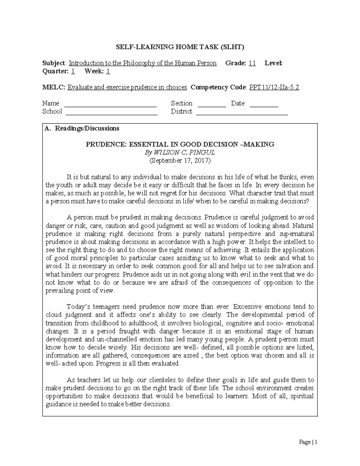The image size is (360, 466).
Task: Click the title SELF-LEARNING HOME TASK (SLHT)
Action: pyautogui.click(x=180, y=47)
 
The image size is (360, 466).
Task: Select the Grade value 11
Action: pyautogui.click(x=252, y=63)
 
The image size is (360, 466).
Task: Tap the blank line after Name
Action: pyautogui.click(x=111, y=105)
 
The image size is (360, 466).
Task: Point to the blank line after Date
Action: pyautogui.click(x=264, y=105)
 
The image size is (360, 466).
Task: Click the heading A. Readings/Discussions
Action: pyautogui.click(x=82, y=128)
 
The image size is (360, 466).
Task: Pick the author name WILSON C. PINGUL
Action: pyautogui.click(x=184, y=152)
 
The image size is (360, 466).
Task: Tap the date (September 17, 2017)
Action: pyautogui.click(x=180, y=161)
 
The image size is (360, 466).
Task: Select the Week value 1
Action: pyautogui.click(x=108, y=71)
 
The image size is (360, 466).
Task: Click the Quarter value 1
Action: pyautogui.click(x=73, y=71)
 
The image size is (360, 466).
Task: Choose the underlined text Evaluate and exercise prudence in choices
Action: pyautogui.click(x=127, y=87)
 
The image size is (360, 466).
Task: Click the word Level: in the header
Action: pyautogui.click(x=273, y=63)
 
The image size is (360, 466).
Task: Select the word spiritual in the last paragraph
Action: pyautogui.click(x=302, y=396)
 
